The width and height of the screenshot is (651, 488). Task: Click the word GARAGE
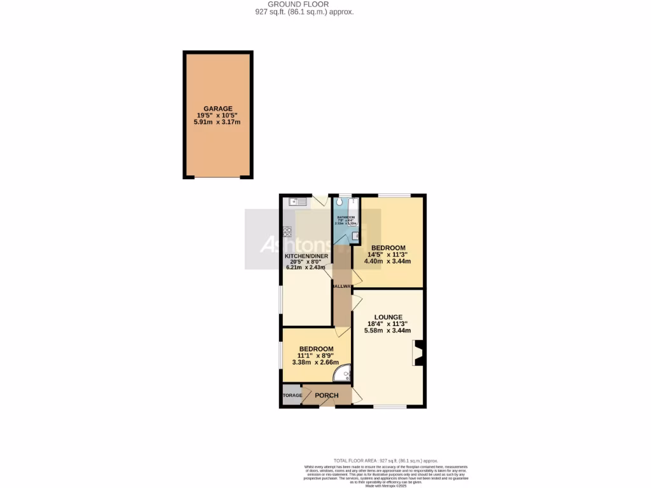tap(218, 109)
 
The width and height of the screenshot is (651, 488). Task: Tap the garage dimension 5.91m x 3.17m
tap(218, 123)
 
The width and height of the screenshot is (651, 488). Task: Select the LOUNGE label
tap(388, 317)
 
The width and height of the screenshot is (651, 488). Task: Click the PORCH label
tap(327, 395)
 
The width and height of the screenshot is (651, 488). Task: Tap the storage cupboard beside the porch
tap(292, 395)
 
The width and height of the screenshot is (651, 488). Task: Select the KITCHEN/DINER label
tap(306, 257)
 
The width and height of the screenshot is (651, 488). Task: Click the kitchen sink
tap(296, 202)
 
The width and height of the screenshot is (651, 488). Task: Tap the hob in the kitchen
tap(287, 231)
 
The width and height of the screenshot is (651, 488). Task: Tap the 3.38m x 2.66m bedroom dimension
tap(316, 362)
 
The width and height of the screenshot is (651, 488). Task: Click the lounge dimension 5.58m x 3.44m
tap(388, 330)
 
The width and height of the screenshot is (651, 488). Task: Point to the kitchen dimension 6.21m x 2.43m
tap(306, 268)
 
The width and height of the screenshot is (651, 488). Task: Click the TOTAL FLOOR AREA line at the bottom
tap(386, 461)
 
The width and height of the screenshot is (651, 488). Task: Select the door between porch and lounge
tap(356, 398)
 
